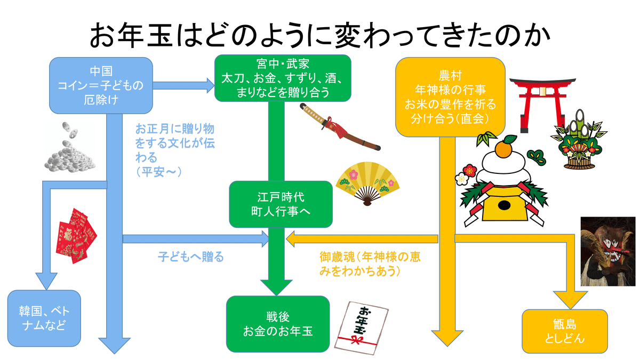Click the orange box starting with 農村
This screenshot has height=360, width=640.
click(x=450, y=96)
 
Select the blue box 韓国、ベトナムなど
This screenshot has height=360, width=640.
click(x=44, y=317)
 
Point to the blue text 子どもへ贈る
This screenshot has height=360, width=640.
click(x=190, y=257)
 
